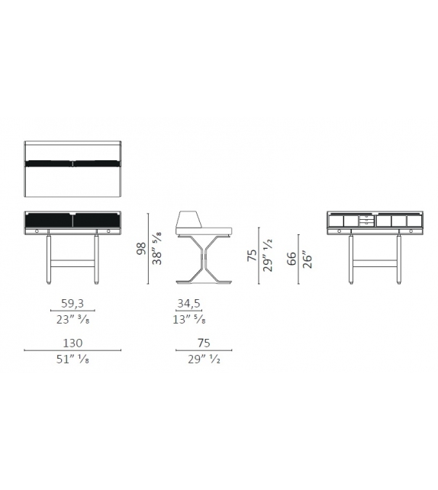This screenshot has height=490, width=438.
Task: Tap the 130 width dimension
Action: coord(72,343)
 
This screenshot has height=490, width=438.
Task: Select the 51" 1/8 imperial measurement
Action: coord(73,360)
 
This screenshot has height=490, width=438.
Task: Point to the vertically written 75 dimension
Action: coord(252,255)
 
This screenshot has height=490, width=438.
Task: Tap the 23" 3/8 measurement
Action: coord(72,321)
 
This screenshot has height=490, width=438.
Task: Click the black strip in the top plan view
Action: coord(72,163)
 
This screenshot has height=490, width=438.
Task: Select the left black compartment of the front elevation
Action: coord(49,221)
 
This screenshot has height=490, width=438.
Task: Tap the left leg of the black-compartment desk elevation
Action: coord(50,260)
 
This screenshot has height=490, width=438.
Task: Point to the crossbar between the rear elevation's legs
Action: coord(375,262)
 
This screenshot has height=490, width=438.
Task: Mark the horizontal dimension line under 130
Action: coord(72,351)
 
